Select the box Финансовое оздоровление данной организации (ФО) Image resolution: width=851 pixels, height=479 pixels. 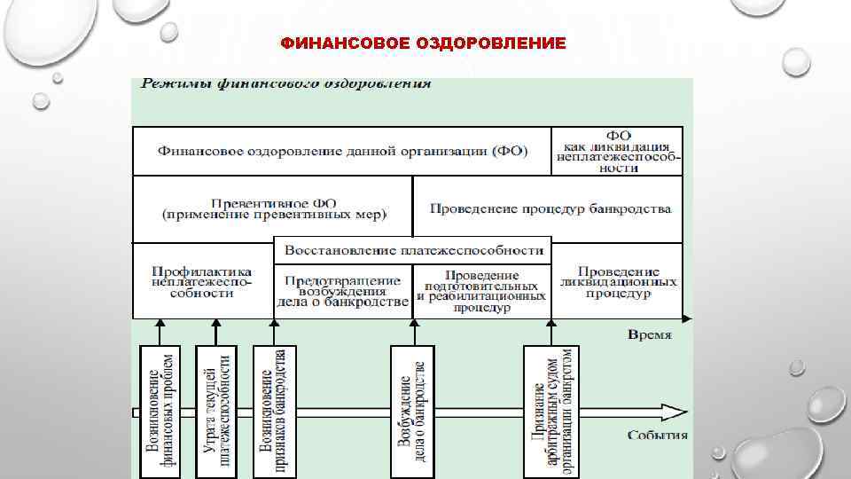pos(342,151)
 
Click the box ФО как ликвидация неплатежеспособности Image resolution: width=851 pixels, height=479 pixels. pos(617,151)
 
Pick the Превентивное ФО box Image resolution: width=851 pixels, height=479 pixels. pos(273,208)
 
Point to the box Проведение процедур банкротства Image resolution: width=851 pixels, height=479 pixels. pos(550,209)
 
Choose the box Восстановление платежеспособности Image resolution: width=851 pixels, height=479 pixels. pos(412,250)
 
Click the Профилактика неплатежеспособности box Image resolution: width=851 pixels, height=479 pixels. pos(202,281)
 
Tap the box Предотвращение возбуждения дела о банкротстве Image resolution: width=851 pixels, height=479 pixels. pos(342,290)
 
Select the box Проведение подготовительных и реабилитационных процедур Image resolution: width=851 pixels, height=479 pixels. pos(483,291)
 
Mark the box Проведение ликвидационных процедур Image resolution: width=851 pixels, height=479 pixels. pos(618,281)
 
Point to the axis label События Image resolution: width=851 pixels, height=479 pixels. pos(657,435)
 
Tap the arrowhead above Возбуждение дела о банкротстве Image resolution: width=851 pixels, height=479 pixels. pos(413,324)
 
